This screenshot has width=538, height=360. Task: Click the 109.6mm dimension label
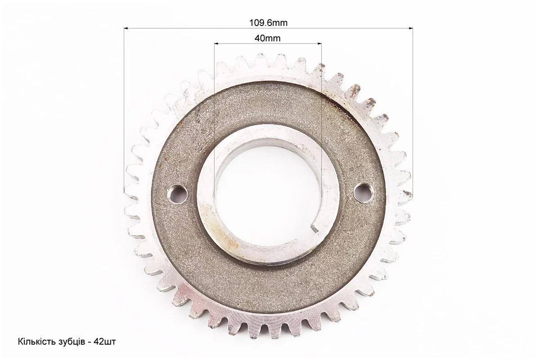(268, 23)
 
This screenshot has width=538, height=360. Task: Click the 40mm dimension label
(268, 38)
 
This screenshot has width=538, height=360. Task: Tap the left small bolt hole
(177, 193)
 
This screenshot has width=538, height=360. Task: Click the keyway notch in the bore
(315, 226)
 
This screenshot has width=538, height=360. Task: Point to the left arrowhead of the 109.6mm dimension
(126, 28)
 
